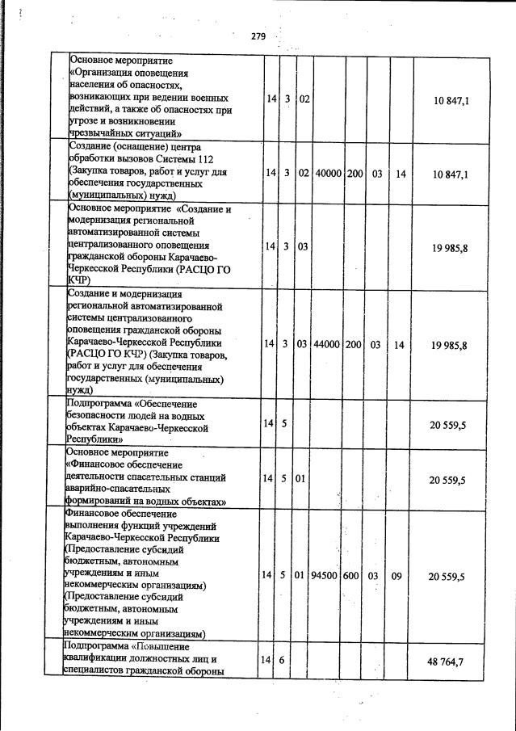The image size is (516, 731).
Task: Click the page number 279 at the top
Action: (258, 36)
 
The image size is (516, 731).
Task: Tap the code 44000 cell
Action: (328, 345)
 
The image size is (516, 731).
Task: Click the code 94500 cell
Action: (328, 577)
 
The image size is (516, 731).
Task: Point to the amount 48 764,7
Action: (451, 662)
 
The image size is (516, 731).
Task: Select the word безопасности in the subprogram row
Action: (99, 416)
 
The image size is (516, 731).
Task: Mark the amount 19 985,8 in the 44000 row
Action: (451, 345)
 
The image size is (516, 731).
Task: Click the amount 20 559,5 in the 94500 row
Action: (451, 577)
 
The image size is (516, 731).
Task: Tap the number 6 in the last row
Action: (286, 661)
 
